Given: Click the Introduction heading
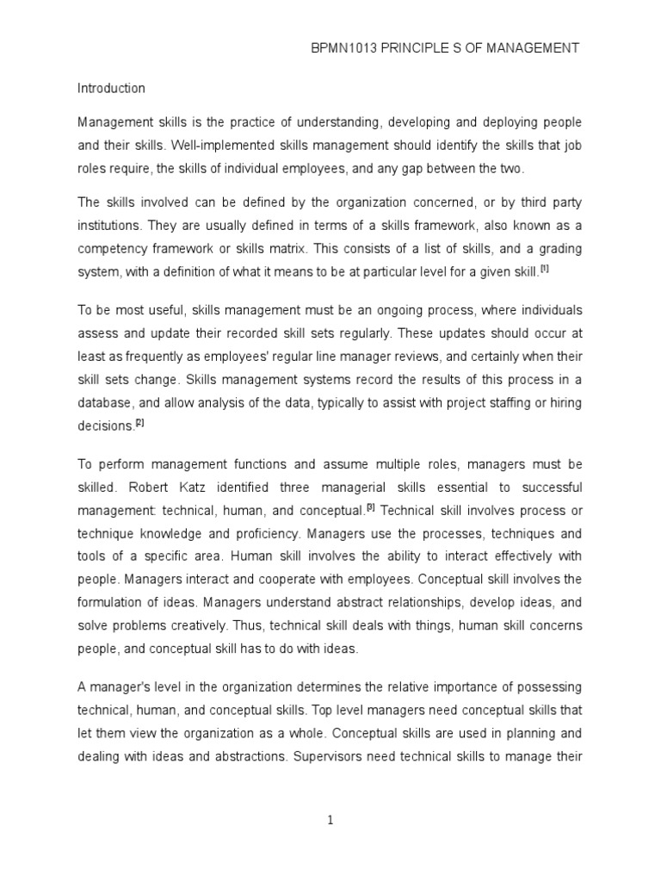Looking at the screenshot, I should (x=111, y=88).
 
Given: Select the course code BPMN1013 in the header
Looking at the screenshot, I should (x=344, y=49).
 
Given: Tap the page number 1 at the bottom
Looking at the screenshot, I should (x=330, y=820).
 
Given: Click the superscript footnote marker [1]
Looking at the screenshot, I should (x=545, y=269).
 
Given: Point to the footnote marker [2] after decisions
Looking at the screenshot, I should (x=140, y=422).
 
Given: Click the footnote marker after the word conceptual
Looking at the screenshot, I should (x=370, y=506).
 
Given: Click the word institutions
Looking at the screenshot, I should (x=109, y=227).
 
